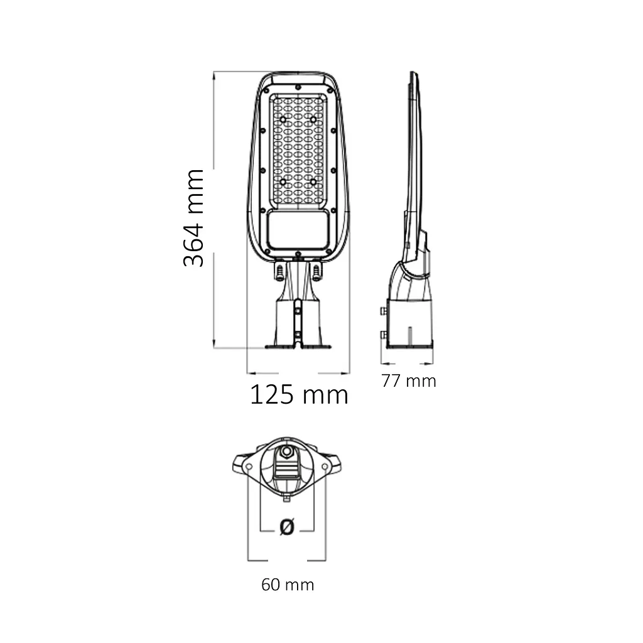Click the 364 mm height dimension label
point(194,218)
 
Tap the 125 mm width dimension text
point(299,395)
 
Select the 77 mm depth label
point(409,381)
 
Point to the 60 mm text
point(288,585)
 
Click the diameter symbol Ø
point(286,527)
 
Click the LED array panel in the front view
point(298,149)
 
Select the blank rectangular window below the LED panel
point(298,230)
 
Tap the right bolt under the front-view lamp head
point(317,272)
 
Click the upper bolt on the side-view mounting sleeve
point(382,311)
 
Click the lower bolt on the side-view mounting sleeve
point(382,335)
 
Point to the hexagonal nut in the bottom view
point(287,451)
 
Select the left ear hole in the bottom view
point(249,467)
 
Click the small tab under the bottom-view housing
point(287,499)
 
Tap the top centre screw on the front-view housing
point(298,86)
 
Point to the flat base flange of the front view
point(298,345)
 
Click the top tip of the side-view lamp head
point(413,74)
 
